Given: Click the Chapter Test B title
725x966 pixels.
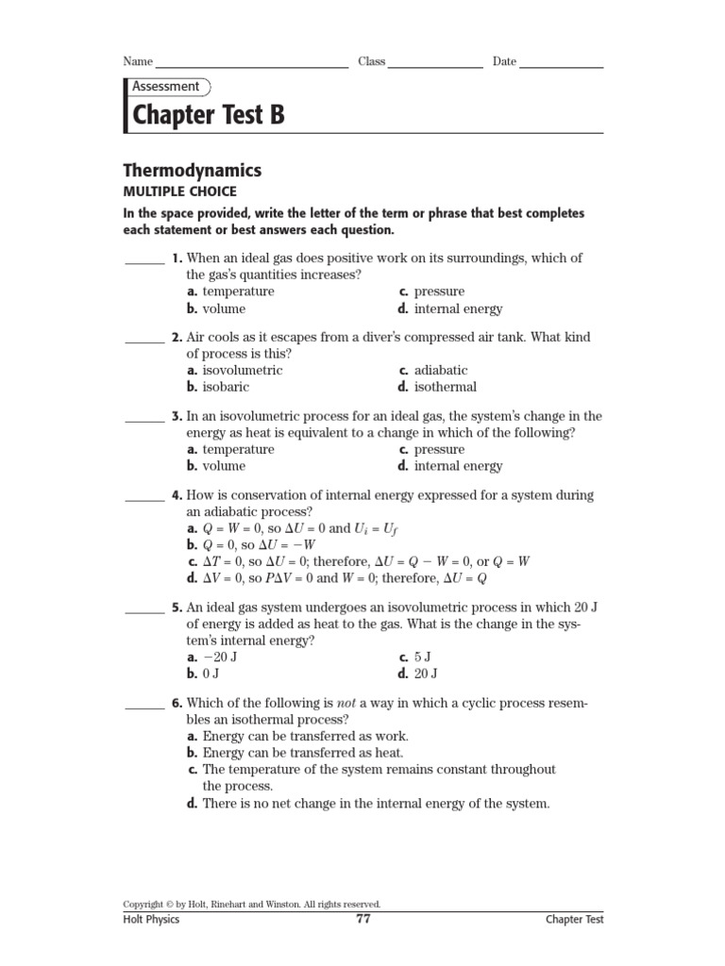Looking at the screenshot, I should click(x=208, y=115).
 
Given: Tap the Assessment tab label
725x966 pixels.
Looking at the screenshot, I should click(x=165, y=87).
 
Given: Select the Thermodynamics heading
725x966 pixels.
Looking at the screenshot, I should click(x=193, y=171).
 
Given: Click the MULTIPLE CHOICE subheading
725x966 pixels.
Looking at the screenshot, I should click(x=179, y=192).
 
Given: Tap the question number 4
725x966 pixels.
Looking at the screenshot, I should click(x=177, y=495).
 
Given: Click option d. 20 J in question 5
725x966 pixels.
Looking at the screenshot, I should click(x=418, y=674).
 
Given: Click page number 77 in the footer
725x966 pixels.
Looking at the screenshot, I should click(x=362, y=919).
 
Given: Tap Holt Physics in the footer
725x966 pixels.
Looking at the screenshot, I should click(x=151, y=920).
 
